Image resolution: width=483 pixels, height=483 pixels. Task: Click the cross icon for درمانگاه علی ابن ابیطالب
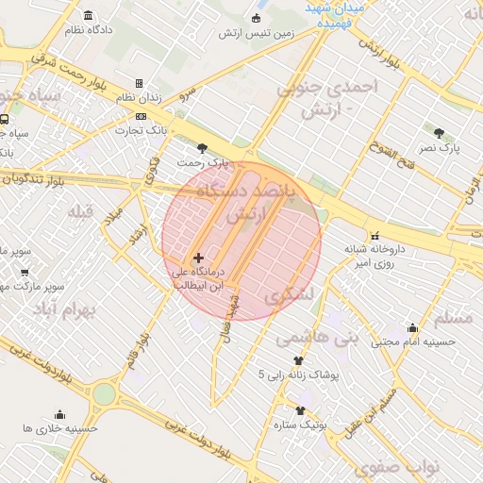click(198, 258)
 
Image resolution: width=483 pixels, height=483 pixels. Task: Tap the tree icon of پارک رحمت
click(202, 148)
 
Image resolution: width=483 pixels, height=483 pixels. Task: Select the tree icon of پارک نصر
click(440, 132)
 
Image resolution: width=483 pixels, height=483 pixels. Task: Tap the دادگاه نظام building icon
click(89, 16)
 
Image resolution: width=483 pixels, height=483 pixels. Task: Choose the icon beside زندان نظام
click(140, 84)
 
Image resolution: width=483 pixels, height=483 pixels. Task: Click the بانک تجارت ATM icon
click(141, 116)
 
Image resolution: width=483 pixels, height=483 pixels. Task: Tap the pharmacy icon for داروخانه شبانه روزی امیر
click(375, 235)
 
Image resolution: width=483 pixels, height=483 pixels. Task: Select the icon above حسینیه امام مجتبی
click(412, 328)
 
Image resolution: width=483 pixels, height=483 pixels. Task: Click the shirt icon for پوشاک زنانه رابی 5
click(299, 360)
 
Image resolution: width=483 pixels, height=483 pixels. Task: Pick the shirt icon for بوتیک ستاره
click(301, 410)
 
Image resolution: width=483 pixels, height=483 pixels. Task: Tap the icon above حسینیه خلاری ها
click(60, 414)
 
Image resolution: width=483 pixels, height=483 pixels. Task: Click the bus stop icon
click(6, 120)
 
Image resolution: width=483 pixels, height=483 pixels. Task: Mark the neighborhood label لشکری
click(287, 295)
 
